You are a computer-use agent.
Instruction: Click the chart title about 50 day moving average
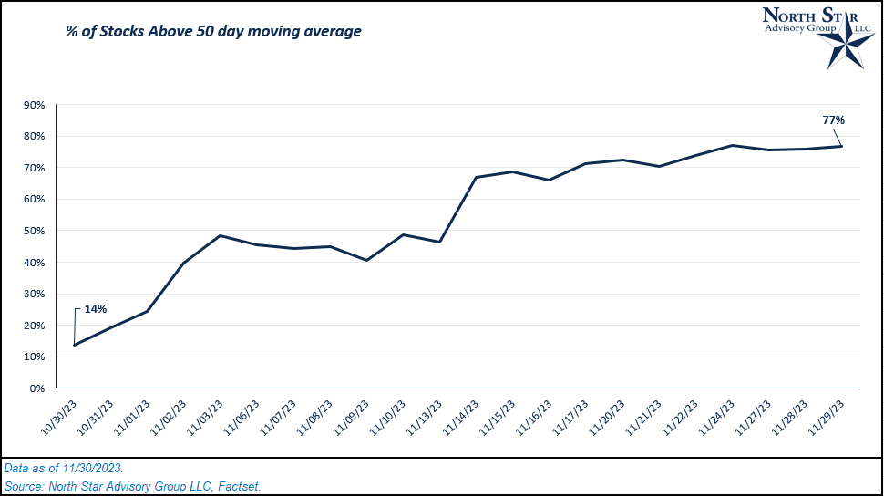click(213, 32)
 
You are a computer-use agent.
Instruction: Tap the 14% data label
click(96, 309)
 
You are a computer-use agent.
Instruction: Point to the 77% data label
click(833, 119)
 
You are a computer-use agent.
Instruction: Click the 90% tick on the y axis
click(34, 105)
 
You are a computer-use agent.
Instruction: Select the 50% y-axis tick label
click(34, 231)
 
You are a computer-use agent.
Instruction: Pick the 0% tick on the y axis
click(37, 388)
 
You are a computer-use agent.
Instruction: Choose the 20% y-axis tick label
click(34, 326)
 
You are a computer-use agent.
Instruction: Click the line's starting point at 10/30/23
click(74, 345)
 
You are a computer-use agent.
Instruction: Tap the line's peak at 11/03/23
click(220, 235)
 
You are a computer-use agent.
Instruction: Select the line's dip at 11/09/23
click(366, 260)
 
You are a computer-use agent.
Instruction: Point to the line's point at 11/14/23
click(476, 177)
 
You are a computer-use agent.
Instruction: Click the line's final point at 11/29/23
click(841, 146)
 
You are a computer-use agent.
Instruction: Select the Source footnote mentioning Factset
click(132, 486)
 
